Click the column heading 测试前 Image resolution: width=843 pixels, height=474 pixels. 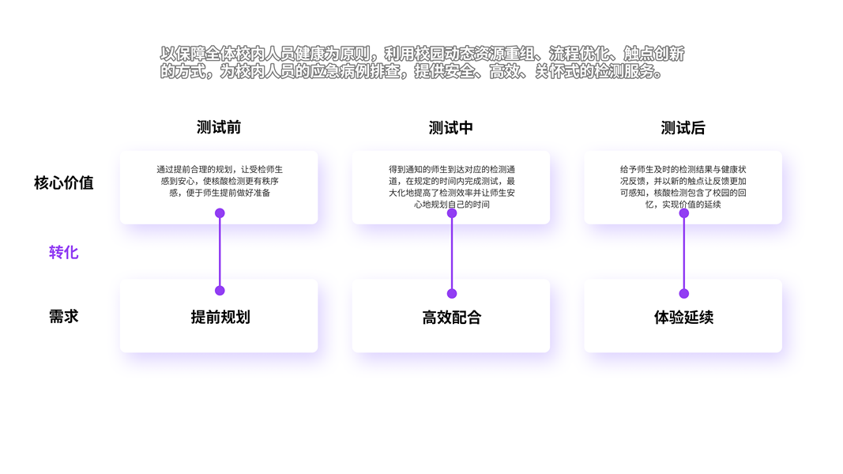click(x=219, y=128)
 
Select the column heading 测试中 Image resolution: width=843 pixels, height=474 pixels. click(x=451, y=128)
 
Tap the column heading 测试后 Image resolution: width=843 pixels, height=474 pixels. click(x=683, y=128)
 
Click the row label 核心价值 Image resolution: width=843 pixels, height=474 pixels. click(x=63, y=183)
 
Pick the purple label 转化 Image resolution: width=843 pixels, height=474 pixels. click(x=63, y=253)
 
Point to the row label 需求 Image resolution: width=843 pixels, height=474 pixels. click(x=63, y=317)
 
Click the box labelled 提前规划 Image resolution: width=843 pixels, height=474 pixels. click(x=220, y=318)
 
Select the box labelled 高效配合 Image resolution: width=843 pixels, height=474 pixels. click(x=451, y=318)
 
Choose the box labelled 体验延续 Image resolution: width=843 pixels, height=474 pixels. click(x=683, y=318)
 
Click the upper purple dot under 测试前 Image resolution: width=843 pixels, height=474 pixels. click(x=220, y=213)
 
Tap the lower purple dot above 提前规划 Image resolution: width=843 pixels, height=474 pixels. click(x=220, y=291)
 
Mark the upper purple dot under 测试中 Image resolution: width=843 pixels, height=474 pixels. click(x=452, y=212)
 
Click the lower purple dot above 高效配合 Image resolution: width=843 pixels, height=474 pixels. click(x=452, y=294)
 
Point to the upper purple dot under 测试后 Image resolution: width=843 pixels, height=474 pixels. click(x=684, y=213)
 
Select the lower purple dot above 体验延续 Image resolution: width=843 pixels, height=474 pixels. click(x=684, y=294)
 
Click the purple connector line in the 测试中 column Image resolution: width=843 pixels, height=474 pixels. click(x=452, y=253)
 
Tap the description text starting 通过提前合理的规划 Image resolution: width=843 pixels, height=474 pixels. click(x=220, y=181)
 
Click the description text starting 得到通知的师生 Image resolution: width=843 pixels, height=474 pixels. click(x=451, y=186)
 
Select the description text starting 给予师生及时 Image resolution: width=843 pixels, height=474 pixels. click(x=683, y=186)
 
